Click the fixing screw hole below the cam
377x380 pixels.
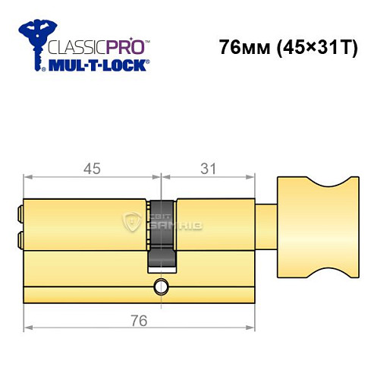(160, 287)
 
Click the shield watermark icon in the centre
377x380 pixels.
(134, 222)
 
